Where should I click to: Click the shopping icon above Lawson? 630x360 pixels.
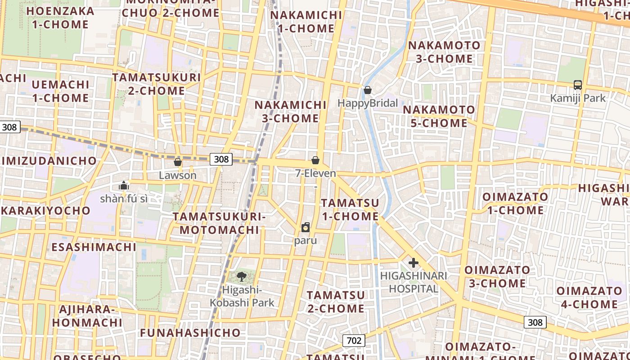(x=178, y=162)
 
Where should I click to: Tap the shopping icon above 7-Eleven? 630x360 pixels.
(x=315, y=160)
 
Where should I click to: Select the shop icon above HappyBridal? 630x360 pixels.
(x=368, y=90)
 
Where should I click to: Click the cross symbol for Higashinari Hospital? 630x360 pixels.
(x=413, y=263)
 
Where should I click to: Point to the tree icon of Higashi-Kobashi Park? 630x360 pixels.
(x=242, y=276)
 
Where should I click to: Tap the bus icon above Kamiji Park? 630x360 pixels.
(x=578, y=85)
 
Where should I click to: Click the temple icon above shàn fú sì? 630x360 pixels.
(x=123, y=185)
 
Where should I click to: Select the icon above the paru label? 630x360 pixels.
(x=306, y=227)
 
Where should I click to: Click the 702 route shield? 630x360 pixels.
(x=354, y=341)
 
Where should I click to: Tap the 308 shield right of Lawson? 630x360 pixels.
(x=221, y=159)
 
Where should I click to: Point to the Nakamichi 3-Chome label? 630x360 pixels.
(x=291, y=112)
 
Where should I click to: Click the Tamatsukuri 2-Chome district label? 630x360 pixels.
(x=157, y=84)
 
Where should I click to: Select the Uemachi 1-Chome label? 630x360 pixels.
(x=60, y=91)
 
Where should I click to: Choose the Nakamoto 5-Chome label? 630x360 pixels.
(x=439, y=116)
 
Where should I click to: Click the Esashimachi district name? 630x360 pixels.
(x=94, y=247)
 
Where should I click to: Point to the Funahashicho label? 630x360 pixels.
(x=190, y=333)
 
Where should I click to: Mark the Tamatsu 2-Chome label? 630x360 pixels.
(x=336, y=301)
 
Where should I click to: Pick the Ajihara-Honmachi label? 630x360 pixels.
(x=87, y=316)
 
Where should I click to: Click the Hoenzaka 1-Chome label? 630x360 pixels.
(x=61, y=18)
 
